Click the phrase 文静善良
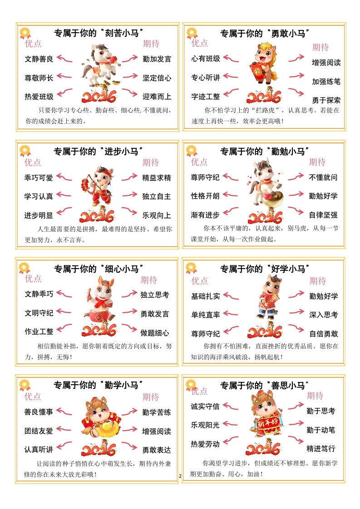pos(39,59)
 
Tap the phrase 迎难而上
pos(157,97)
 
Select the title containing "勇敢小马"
pos(265,33)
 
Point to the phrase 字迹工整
pos(206,97)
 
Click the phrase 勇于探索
pos(326,100)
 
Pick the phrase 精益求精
pos(157,178)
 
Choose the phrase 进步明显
pos(39,215)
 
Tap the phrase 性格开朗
pos(205,196)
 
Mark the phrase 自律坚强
pos(323,215)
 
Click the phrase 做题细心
pos(155,333)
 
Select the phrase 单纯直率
pos(206,315)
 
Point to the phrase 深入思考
pos(324,315)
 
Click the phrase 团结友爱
pos(39,431)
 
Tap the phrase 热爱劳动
pos(205,444)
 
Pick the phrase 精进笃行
pos(321,449)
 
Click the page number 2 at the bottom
pos(180,476)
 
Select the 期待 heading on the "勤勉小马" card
pos(317,162)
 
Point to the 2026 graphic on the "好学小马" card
pos(265,331)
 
